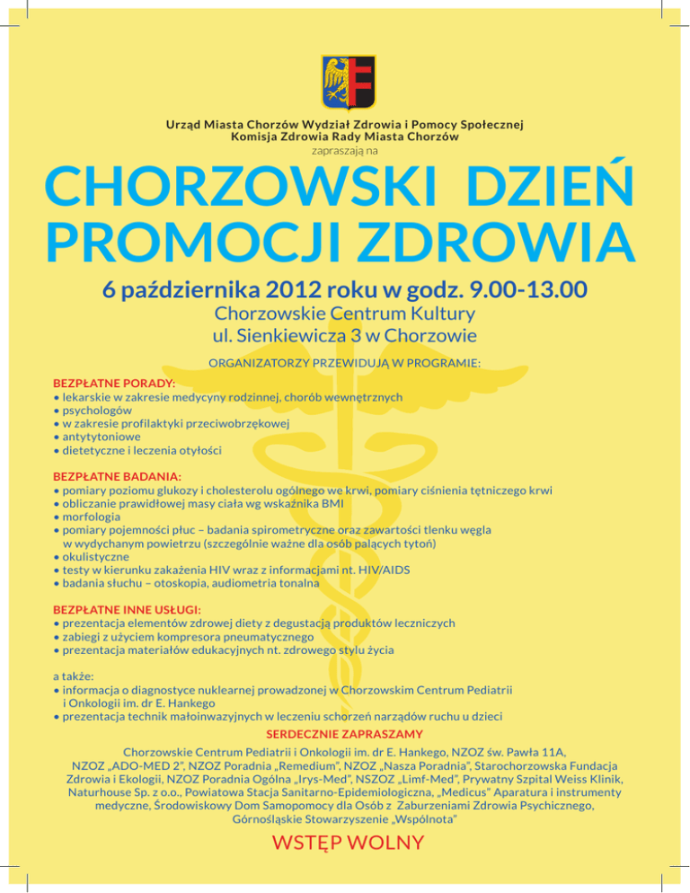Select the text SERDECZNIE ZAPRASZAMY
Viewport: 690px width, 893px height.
[344, 733]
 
